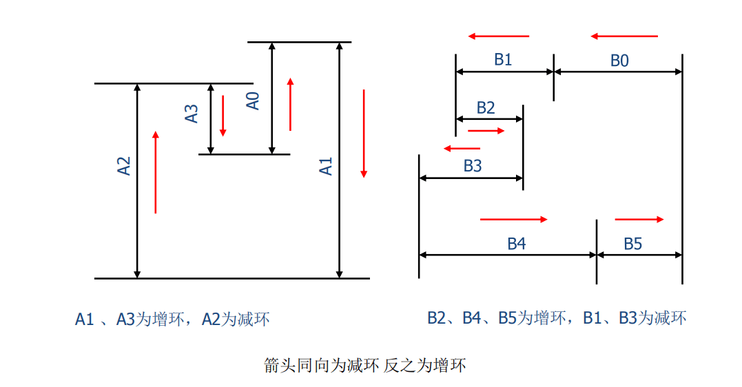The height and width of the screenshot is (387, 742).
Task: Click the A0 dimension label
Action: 254,101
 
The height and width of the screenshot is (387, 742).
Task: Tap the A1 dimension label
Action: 326,166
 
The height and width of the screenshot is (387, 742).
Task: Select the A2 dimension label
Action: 124,166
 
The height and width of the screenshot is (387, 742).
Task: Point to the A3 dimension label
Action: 192,113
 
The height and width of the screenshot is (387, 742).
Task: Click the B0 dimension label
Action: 619,61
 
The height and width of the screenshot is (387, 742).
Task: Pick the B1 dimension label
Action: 503,59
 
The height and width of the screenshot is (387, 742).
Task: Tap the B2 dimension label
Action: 486,107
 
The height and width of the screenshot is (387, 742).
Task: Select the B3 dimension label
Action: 473,166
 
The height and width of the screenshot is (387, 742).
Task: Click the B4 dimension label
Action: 517,244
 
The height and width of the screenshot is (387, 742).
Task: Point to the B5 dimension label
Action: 633,244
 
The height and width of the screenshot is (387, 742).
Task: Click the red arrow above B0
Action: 624,36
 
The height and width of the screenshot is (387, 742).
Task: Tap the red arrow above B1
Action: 498,36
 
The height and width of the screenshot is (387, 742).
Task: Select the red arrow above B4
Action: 513,220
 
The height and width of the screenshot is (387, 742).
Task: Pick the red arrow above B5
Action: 639,220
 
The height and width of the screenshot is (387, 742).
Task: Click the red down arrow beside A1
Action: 364,133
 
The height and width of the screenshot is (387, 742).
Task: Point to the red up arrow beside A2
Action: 156,171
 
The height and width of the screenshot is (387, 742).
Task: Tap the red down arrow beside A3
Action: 223,115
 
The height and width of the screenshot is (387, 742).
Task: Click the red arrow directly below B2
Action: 486,130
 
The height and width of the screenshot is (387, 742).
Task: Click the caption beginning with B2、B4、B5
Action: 557,318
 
